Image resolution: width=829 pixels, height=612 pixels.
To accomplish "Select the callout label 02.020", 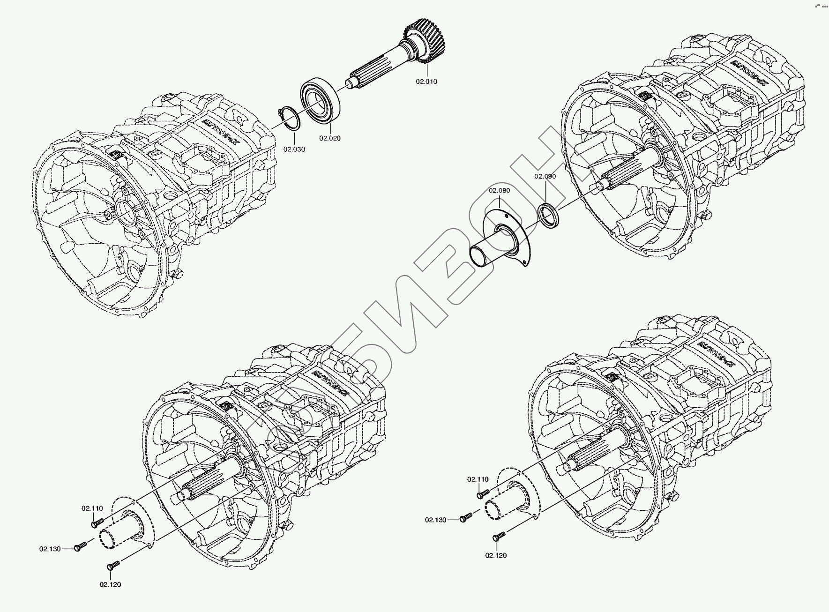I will coord(330,138).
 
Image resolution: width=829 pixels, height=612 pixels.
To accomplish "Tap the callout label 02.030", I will coord(294,149).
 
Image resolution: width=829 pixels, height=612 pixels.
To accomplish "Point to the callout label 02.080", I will coord(499,191).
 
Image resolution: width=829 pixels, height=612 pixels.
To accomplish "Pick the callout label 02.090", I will coord(545,176).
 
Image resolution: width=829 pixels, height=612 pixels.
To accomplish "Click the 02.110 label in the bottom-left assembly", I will coord(92,508).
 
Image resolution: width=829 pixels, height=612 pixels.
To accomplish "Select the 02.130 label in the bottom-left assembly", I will coord(50,549).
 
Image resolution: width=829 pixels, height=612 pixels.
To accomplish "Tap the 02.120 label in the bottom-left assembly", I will coord(110,584).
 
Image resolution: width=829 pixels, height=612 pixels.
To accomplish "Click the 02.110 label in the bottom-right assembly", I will coord(478,479).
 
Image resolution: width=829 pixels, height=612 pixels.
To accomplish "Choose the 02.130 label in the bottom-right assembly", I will coord(436,520).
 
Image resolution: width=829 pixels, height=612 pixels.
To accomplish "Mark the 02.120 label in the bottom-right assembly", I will coord(496,555).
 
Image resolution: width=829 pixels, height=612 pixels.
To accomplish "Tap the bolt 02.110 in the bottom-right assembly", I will coord(483,493).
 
